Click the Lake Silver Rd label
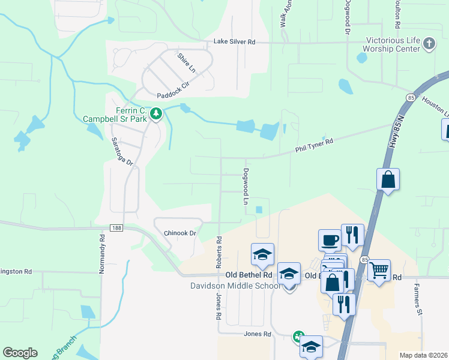(235, 42)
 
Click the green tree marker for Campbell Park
(156, 113)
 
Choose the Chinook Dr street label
(180, 233)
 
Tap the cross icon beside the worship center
(429, 43)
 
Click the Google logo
(20, 353)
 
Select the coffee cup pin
(329, 240)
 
